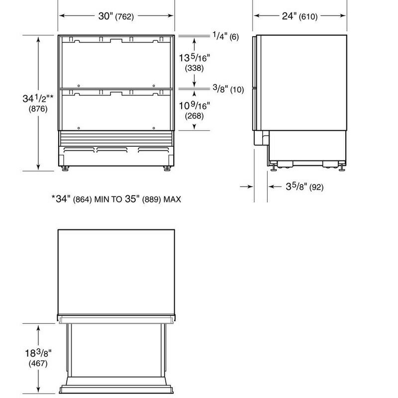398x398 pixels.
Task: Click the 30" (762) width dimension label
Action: [116, 16]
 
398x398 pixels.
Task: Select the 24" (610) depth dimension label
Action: [299, 16]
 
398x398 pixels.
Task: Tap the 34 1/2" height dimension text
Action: [38, 98]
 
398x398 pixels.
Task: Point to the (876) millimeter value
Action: [38, 109]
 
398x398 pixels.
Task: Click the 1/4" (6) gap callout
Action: [226, 36]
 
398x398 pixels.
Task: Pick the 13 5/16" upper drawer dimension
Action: [195, 58]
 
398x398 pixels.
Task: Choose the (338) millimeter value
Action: [194, 68]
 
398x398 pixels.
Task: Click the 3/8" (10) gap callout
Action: [228, 89]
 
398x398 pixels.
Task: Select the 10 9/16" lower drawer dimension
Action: [195, 105]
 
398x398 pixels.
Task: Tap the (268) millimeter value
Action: [194, 116]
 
